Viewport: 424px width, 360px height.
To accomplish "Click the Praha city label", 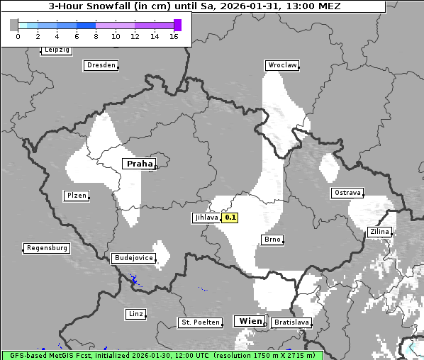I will click(x=139, y=164).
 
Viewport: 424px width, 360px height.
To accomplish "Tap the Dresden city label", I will click(x=100, y=65).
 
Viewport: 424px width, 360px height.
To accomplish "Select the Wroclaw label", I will click(x=281, y=65).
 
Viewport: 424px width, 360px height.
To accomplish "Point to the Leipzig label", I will click(x=57, y=50).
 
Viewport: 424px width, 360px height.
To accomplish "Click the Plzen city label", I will click(x=76, y=196).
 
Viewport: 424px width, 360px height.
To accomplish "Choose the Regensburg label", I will click(x=47, y=248).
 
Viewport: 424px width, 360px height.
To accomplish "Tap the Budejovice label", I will click(x=133, y=258).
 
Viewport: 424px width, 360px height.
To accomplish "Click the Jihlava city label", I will click(x=206, y=218).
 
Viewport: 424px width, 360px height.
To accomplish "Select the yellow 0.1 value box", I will click(x=230, y=218).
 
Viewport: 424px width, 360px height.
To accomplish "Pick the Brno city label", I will click(x=272, y=240).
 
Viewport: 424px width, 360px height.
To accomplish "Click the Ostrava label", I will click(x=347, y=193).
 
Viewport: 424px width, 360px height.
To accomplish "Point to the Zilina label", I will click(x=379, y=232).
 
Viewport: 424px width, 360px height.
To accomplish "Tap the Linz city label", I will click(x=135, y=313).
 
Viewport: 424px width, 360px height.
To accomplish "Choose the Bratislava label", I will click(x=291, y=322).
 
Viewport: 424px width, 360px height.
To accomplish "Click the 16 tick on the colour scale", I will click(x=174, y=36).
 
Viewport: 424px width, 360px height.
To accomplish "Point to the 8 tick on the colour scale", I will click(x=95, y=36).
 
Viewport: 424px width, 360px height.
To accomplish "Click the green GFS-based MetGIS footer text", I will click(x=162, y=355).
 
